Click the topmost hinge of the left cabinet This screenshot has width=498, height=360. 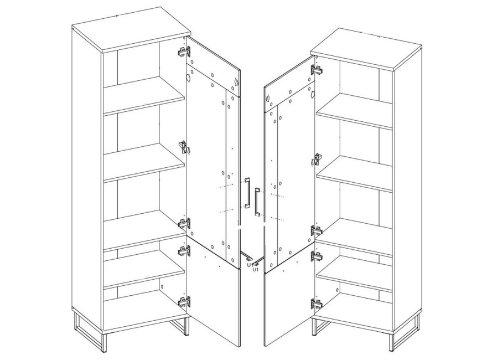pyautogui.click(x=184, y=51)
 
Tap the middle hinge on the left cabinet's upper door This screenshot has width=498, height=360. pyautogui.click(x=184, y=147)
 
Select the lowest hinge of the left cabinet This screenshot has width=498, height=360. pyautogui.click(x=184, y=301)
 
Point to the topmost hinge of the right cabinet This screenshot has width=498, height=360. pyautogui.click(x=317, y=70)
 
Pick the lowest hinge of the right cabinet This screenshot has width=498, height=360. pyautogui.click(x=317, y=304)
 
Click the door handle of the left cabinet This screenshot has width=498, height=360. pyautogui.click(x=247, y=193)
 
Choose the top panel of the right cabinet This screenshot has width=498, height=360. pyautogui.click(x=366, y=49)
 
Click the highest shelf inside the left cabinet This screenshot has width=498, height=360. pyautogui.click(x=144, y=95)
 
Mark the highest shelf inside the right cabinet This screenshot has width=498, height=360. pyautogui.click(x=355, y=111)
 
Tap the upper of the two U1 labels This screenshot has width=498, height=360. pyautogui.click(x=250, y=265)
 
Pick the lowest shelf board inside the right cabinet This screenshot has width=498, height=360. pyautogui.click(x=355, y=274)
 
